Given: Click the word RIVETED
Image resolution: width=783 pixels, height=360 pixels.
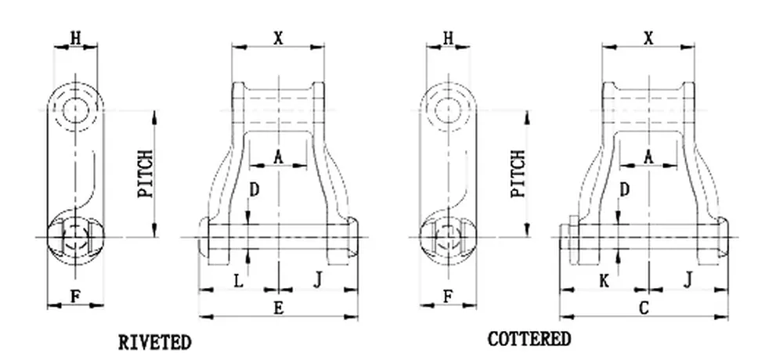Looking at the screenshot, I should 154,342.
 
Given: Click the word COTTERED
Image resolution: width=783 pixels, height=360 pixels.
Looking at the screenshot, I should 529,339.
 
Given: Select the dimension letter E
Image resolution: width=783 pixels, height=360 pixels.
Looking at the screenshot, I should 278,308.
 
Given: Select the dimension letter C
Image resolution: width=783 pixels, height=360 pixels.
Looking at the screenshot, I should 644,308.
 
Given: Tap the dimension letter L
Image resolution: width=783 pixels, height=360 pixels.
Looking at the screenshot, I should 239,279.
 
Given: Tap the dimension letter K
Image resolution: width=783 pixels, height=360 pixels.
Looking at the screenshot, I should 603,279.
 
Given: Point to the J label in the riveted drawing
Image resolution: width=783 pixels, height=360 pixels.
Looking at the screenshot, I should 318,279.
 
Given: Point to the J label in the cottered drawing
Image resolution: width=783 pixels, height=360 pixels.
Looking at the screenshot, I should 688,279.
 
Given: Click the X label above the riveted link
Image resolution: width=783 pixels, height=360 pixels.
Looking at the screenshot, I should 278,37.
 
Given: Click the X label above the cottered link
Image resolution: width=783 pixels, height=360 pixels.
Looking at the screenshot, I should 648,37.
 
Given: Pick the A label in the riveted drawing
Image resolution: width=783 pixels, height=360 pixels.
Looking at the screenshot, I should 278,157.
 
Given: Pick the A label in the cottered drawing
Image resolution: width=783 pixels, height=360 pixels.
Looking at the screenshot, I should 648,157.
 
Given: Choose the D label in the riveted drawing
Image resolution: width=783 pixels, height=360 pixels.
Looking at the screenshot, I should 254,189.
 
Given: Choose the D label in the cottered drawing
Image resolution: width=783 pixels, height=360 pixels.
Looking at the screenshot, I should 624,189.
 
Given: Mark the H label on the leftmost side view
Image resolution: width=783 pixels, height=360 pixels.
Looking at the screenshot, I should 76,37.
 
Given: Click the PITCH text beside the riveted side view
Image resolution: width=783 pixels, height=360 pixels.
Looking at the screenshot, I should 146,174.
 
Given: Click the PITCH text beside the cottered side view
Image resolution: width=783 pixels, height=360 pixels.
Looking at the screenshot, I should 518,174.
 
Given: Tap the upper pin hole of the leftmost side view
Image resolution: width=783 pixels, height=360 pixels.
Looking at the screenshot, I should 76,107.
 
